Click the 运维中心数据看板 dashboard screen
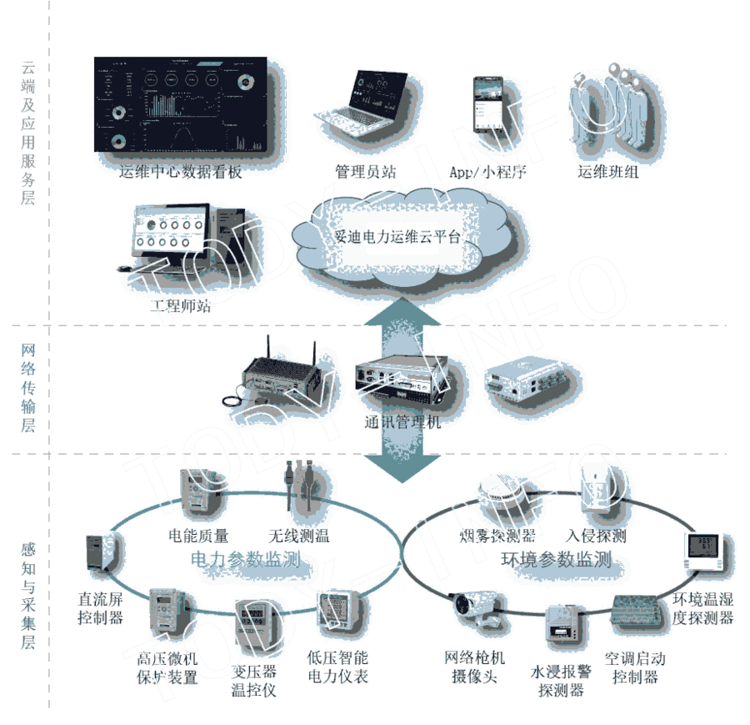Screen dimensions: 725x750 pyautogui.click(x=180, y=105)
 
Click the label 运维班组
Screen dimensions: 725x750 pyautogui.click(x=609, y=173)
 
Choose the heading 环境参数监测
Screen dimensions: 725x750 pyautogui.click(x=556, y=559)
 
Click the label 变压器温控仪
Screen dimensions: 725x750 pyautogui.click(x=253, y=681)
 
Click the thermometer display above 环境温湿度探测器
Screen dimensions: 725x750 pyautogui.click(x=702, y=551)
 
